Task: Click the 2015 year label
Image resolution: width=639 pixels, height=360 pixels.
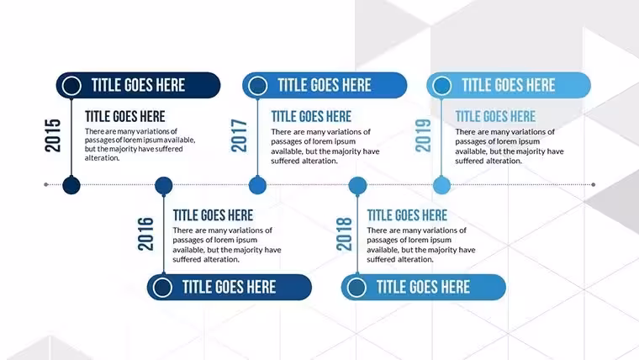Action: click(53, 135)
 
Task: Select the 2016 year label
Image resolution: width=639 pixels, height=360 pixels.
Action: click(145, 234)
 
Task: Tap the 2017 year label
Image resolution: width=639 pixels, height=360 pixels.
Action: click(239, 135)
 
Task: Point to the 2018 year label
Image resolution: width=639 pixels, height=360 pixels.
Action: click(344, 234)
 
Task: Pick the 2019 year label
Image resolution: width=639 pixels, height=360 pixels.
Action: click(423, 135)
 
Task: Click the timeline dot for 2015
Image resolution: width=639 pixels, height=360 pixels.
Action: click(71, 185)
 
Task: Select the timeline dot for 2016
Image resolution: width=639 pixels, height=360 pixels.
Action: click(164, 186)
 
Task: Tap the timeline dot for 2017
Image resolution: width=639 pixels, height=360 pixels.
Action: click(257, 185)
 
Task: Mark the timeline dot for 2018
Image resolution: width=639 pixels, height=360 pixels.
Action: click(358, 186)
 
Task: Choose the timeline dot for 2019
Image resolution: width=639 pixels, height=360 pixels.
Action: click(441, 185)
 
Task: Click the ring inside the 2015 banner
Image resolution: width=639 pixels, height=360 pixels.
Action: click(71, 77)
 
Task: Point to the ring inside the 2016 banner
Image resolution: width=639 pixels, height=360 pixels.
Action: click(162, 278)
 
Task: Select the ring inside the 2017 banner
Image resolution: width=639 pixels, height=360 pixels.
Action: click(258, 77)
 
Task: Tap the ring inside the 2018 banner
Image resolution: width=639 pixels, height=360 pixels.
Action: click(356, 278)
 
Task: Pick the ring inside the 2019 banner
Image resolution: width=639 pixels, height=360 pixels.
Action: click(442, 77)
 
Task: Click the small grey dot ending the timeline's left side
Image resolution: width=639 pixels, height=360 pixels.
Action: click(46, 185)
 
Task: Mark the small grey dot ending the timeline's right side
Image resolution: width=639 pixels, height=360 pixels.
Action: click(594, 185)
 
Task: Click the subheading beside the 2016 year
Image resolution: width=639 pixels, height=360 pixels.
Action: click(213, 215)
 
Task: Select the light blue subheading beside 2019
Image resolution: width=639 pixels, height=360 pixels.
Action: click(495, 117)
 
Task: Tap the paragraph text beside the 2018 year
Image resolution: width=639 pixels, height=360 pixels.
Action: click(421, 245)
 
